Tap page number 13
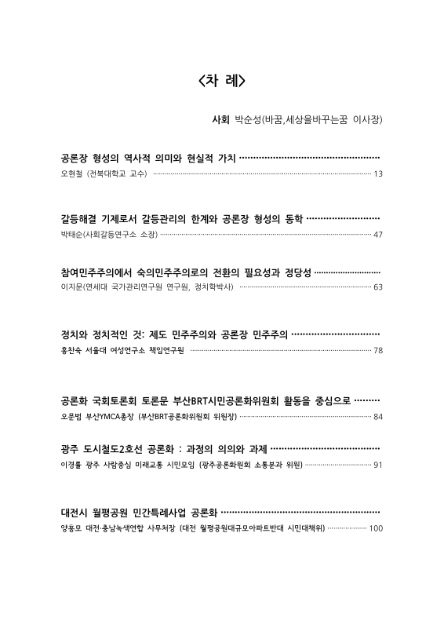point(378,173)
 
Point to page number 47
point(378,234)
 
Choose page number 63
point(378,287)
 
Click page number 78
point(378,349)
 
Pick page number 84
point(378,415)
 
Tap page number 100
point(375,528)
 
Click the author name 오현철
point(72,173)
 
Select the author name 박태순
point(72,234)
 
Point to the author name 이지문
point(72,287)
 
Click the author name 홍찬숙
point(72,349)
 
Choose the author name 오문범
point(72,415)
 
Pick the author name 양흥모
point(72,528)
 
